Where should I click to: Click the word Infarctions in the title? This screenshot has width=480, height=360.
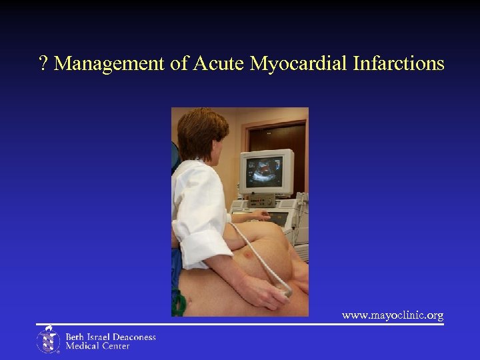pos(399,64)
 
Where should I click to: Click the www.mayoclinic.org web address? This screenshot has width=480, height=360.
pos(393,315)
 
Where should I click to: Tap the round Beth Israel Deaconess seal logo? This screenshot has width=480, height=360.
pos(48,340)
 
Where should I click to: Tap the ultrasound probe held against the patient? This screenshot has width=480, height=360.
pos(284,289)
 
